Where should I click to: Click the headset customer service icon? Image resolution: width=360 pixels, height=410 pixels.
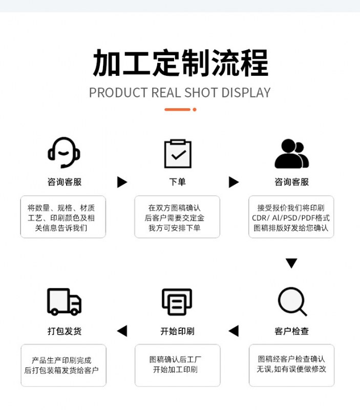point(63,152)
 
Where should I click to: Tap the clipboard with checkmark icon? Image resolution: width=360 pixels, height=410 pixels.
point(178,153)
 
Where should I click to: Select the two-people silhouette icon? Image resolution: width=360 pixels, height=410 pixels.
point(291,153)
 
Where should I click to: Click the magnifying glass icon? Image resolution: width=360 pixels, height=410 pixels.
point(292,301)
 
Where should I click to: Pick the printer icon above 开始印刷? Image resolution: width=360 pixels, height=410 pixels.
point(177,302)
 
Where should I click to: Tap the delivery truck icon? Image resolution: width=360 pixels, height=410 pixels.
point(64,301)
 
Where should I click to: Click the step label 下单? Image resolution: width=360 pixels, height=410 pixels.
point(177,182)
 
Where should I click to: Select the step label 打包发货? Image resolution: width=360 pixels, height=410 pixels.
point(65,331)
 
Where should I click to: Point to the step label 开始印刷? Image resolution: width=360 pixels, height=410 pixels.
point(177,331)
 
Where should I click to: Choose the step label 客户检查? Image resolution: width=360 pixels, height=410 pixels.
point(291,331)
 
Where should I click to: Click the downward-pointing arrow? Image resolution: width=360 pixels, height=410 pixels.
point(291,263)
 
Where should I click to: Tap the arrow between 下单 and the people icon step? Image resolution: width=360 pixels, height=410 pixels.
point(234,182)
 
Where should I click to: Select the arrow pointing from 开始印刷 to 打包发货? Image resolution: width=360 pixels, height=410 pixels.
point(122,331)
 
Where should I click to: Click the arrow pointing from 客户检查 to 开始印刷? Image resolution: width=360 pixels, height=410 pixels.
point(234,331)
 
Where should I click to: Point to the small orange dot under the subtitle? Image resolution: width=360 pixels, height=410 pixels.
point(195,110)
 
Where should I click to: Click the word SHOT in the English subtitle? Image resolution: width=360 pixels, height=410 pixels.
point(201,93)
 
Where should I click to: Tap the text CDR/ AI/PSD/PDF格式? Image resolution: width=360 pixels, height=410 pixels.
point(291,218)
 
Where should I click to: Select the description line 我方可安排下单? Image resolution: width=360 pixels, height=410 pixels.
point(175,228)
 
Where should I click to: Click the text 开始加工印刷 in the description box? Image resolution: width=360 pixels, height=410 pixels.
point(175,370)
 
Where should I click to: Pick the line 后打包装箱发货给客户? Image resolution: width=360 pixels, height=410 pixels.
point(61,370)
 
